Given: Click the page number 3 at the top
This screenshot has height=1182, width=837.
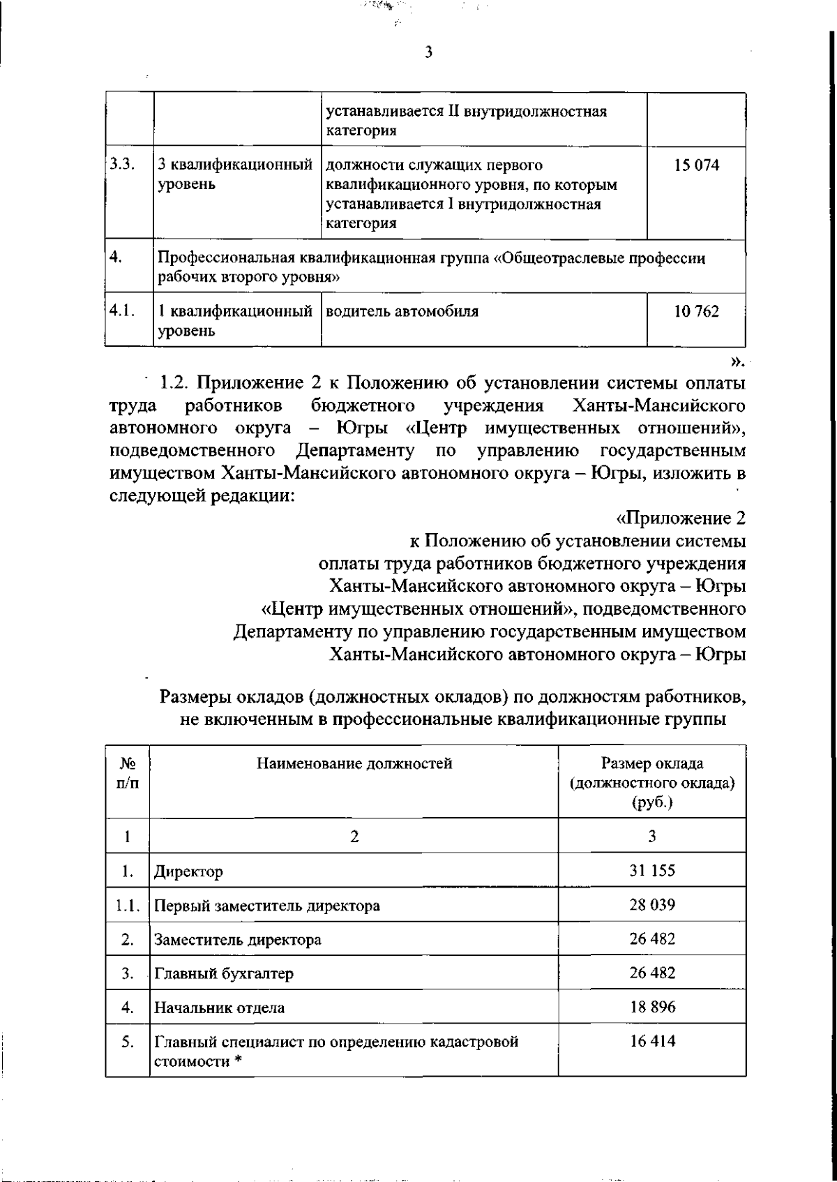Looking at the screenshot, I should click(x=428, y=52).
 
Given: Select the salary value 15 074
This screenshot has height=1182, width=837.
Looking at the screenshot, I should click(x=696, y=166).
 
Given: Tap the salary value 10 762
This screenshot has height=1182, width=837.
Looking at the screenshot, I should click(x=696, y=312).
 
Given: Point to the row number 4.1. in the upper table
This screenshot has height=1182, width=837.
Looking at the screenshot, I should click(x=121, y=311).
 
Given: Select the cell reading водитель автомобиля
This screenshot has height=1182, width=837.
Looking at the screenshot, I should click(x=402, y=312).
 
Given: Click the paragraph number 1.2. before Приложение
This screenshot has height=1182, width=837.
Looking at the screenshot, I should click(x=174, y=383).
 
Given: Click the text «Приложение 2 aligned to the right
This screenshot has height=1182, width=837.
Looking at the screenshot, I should click(x=681, y=518).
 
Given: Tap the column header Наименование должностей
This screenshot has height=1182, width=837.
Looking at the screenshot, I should click(x=354, y=763).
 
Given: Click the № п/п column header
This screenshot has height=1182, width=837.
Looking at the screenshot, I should click(x=127, y=773).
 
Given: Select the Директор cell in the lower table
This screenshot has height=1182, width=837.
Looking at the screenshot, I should click(x=189, y=871).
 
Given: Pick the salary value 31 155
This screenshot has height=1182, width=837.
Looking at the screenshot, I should click(x=652, y=871).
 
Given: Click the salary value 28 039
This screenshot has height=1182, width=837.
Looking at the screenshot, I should click(x=652, y=905).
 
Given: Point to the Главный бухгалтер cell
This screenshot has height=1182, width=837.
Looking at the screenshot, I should click(x=224, y=973).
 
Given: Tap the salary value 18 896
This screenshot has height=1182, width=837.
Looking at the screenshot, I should click(x=652, y=1007).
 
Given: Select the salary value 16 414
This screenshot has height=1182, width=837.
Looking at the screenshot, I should click(x=652, y=1041).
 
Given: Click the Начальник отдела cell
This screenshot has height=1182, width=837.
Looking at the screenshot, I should click(x=219, y=1008).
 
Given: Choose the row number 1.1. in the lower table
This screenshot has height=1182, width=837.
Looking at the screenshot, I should click(x=128, y=906).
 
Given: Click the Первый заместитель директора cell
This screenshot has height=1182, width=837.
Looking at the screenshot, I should click(x=267, y=906).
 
